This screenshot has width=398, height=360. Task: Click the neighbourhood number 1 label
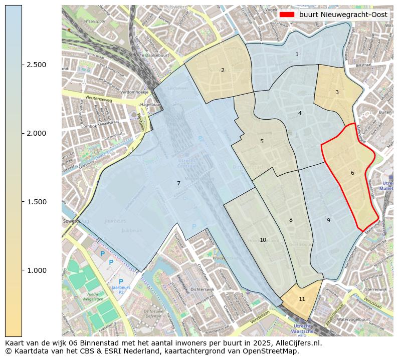(297, 54)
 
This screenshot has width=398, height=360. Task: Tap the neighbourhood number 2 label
(223, 70)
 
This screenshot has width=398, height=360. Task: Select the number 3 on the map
(337, 92)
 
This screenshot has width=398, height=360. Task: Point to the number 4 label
(300, 113)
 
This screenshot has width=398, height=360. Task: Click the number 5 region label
(262, 141)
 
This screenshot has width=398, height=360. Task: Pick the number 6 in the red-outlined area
(352, 173)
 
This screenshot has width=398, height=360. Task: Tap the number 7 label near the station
(178, 183)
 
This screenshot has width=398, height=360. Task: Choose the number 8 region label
(291, 220)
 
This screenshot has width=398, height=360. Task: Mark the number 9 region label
(328, 220)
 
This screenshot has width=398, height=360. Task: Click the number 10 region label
(263, 240)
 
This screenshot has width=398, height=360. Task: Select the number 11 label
(302, 299)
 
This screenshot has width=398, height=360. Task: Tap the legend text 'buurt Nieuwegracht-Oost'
(343, 15)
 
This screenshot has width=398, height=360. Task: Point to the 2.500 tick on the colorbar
(37, 65)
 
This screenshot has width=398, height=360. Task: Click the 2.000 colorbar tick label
(37, 133)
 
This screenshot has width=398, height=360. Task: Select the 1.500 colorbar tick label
(37, 202)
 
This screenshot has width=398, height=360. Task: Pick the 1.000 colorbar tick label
(37, 270)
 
